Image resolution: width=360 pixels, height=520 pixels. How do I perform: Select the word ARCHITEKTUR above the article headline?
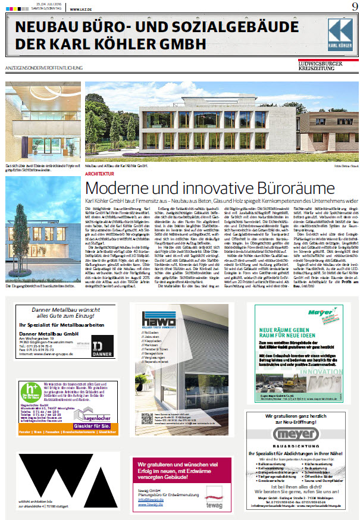99,157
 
